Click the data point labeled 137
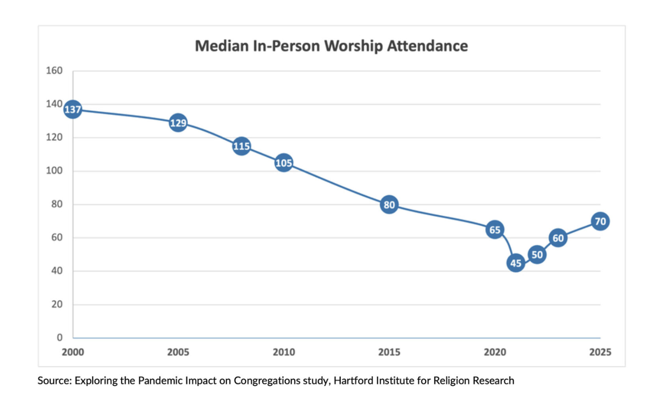73,109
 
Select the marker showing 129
178,123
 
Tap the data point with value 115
241,146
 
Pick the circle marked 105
284,163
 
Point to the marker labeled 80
389,205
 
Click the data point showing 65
495,230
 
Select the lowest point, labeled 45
516,263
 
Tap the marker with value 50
537,255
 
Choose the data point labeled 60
558,238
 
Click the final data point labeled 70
600,221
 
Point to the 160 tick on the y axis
54,71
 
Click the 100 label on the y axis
54,170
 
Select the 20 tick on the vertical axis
57,304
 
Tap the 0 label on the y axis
59,337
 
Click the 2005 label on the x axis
178,352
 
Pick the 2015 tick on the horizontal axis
389,352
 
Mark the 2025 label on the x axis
600,352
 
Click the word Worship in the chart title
353,46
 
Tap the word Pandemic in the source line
161,381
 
